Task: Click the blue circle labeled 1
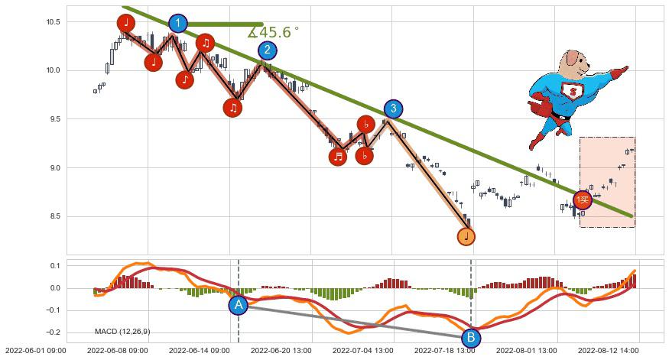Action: pos(177,24)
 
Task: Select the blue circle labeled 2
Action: pos(267,50)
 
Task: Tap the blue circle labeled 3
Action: pos(392,109)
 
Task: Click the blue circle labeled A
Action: pos(238,305)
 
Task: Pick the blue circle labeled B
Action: pos(471,337)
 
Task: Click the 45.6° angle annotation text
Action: pos(273,33)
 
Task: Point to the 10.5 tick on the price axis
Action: pos(52,21)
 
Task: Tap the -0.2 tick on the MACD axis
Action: pos(52,332)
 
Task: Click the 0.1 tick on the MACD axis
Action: pos(54,266)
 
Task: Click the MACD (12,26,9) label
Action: pos(122,332)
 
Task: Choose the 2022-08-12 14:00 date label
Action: pos(608,351)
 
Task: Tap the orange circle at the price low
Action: pos(466,236)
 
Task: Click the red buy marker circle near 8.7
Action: pos(583,200)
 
